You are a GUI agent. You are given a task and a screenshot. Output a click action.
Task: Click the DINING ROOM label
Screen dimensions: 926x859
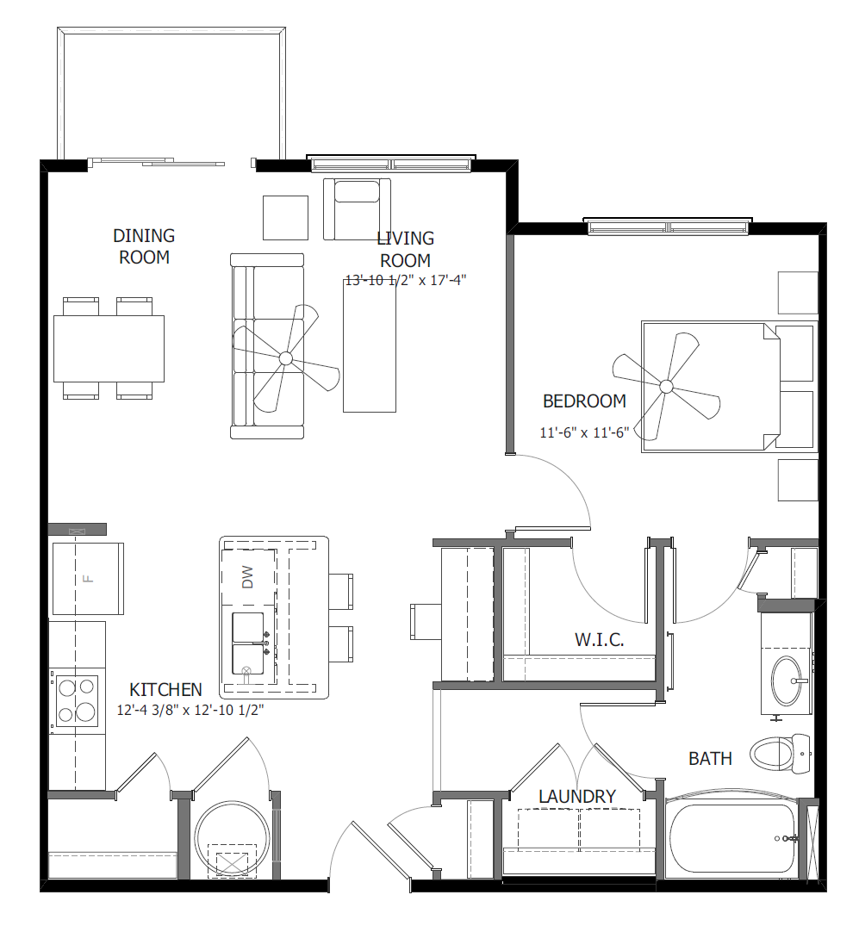click(x=144, y=246)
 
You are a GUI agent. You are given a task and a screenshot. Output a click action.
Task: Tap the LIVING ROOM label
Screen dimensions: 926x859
click(x=405, y=249)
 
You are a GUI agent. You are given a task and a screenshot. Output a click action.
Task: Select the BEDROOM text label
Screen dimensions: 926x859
click(x=584, y=401)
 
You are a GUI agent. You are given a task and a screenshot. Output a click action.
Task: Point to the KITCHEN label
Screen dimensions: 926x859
click(x=165, y=690)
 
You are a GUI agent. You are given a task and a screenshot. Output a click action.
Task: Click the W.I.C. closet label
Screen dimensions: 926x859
click(x=599, y=640)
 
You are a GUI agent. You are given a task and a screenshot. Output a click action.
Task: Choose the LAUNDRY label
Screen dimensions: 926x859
click(x=576, y=797)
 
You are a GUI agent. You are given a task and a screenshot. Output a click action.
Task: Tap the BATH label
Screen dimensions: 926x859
click(x=710, y=759)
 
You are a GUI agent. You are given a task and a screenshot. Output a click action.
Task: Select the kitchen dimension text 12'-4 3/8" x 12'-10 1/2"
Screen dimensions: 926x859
click(x=190, y=711)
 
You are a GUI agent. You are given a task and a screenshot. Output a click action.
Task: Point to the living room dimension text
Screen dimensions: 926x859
click(x=405, y=280)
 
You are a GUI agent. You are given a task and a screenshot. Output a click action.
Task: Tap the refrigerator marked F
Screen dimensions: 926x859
click(x=87, y=578)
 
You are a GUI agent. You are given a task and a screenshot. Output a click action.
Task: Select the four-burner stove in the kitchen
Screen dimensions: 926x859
click(x=76, y=700)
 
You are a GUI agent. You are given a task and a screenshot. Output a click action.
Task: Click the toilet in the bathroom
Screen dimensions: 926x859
click(x=780, y=752)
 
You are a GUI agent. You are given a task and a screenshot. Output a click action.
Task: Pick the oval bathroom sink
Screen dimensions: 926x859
click(x=786, y=681)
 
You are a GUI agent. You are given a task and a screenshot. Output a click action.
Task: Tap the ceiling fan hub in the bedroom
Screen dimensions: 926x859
click(x=665, y=387)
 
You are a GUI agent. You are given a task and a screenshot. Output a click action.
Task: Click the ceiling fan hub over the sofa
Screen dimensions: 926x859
click(x=286, y=358)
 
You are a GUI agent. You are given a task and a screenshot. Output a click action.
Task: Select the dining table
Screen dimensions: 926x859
click(x=109, y=348)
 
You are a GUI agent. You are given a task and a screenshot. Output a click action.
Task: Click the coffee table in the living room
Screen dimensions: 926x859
click(x=370, y=346)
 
